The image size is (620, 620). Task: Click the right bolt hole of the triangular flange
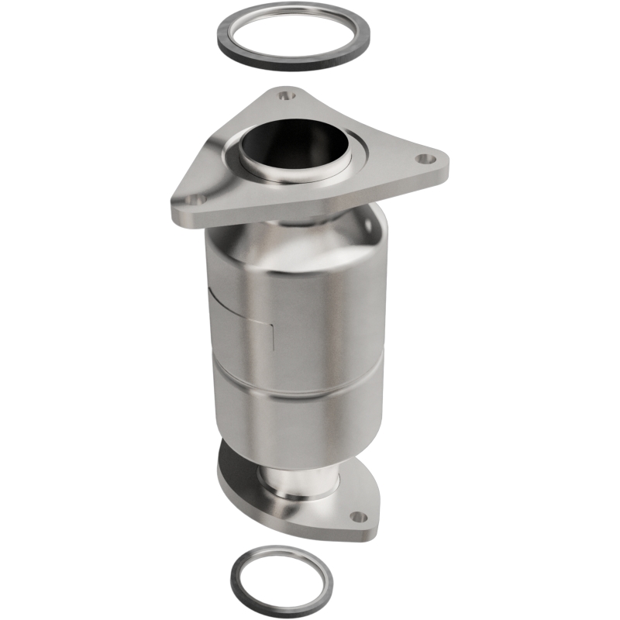tap(422, 159)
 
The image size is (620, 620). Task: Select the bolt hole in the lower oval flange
tap(356, 516)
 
